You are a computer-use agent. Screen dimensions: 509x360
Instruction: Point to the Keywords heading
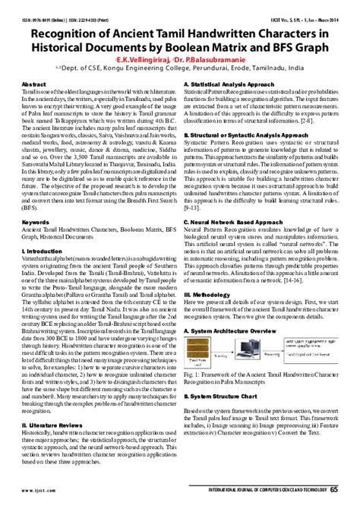click(x=37, y=223)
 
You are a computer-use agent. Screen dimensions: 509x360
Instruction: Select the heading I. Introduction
click(x=43, y=250)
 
